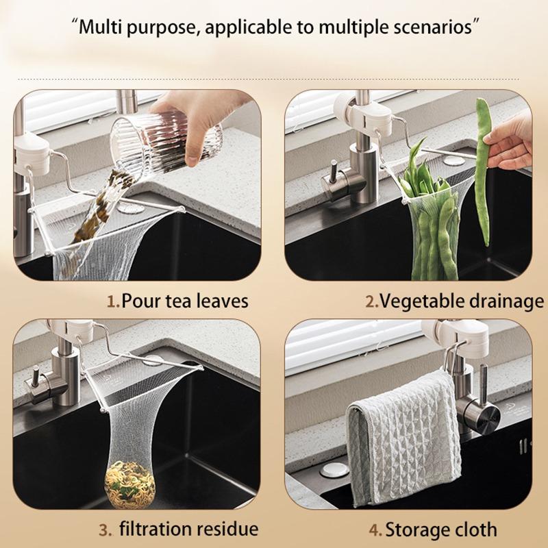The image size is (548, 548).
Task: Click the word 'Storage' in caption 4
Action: [x=414, y=530]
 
